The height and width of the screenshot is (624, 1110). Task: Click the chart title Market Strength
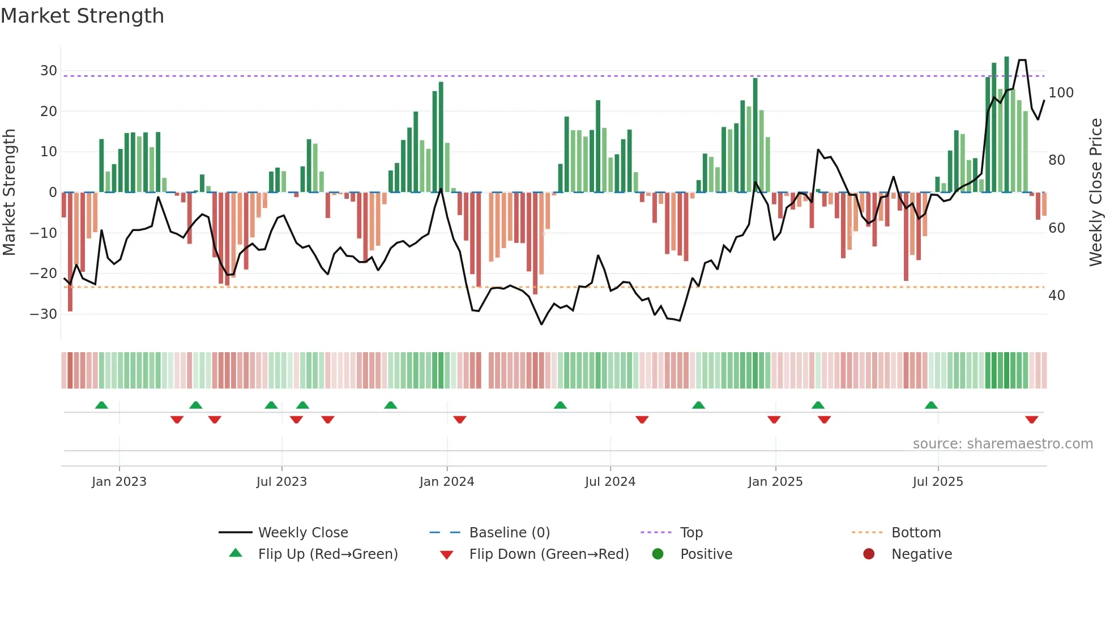click(x=82, y=16)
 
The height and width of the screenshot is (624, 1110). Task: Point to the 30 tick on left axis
click(x=49, y=71)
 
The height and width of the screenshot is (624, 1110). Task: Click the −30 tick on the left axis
click(x=44, y=314)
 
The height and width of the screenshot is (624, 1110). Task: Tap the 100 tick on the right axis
click(x=1061, y=93)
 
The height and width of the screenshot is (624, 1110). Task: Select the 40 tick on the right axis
click(x=1056, y=296)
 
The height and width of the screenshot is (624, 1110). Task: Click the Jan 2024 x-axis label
click(x=446, y=482)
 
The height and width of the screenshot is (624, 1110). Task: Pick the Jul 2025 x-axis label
click(x=937, y=482)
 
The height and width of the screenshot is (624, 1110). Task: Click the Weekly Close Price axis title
click(x=1096, y=193)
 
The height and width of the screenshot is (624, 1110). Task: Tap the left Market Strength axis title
click(x=9, y=193)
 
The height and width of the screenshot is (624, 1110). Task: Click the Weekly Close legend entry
click(x=303, y=533)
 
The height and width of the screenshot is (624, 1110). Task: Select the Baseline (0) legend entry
click(x=509, y=533)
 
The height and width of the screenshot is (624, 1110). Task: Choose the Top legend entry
click(x=691, y=533)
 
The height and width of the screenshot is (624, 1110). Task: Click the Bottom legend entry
click(x=916, y=533)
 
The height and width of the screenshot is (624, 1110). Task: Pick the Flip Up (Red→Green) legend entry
click(x=328, y=554)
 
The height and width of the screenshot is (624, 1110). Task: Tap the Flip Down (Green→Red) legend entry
click(x=549, y=554)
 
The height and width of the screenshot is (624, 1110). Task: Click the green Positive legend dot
click(x=658, y=554)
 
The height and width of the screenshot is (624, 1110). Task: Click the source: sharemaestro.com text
click(x=1002, y=444)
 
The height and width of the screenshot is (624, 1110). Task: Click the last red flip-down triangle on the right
click(x=1031, y=420)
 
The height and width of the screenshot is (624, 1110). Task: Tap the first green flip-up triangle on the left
click(x=101, y=405)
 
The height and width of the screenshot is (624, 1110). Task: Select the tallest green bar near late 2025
click(x=1006, y=125)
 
